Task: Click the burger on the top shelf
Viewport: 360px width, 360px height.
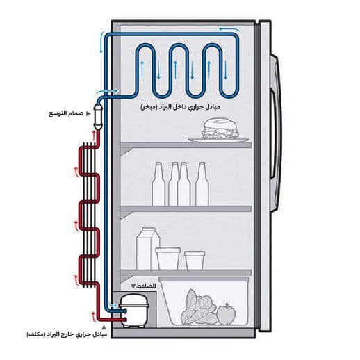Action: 220,129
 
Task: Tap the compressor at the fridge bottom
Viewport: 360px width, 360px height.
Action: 134,311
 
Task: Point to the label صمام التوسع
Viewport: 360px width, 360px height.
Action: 66,113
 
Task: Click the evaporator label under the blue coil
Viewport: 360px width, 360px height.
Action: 180,107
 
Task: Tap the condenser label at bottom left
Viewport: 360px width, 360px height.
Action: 67,334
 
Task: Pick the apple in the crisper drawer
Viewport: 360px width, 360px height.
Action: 226,314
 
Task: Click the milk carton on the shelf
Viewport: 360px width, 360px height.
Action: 148,248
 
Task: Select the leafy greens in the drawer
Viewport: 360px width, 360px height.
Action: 199,307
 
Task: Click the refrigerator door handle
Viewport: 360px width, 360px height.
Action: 276,133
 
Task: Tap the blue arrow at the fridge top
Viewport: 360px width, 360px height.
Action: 229,29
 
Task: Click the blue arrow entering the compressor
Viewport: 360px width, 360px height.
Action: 113,305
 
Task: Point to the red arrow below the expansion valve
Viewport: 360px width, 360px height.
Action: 94,136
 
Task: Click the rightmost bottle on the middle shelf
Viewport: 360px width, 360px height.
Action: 202,183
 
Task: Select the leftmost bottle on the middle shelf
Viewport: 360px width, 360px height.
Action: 158,183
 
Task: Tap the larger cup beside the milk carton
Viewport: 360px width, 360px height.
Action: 168,258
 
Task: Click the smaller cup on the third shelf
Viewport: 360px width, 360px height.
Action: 195,260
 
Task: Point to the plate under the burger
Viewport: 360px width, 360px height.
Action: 218,140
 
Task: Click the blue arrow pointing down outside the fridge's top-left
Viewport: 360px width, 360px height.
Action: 101,42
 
